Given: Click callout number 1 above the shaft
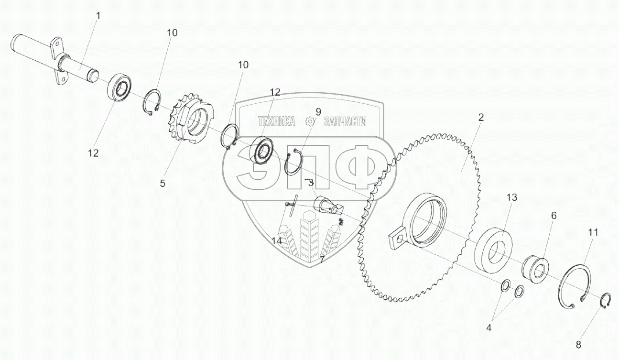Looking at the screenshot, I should [x=98, y=16].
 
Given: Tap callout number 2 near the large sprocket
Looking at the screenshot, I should [x=481, y=117].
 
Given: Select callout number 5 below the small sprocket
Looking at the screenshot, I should [x=163, y=184].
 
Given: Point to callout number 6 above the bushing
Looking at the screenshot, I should [x=554, y=216].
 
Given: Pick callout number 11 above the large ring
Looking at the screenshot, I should [x=593, y=233].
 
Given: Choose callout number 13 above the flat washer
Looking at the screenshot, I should [x=512, y=197].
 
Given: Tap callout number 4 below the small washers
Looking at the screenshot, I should [x=489, y=328].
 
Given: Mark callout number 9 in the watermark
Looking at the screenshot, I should [x=318, y=111].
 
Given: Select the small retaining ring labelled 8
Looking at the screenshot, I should [x=605, y=302].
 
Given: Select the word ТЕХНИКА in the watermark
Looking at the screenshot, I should [x=276, y=121].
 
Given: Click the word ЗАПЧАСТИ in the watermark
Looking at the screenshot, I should [x=345, y=121].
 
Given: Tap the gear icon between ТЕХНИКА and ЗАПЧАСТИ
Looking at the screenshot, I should [x=310, y=122].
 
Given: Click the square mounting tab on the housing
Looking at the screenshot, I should [x=397, y=239].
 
